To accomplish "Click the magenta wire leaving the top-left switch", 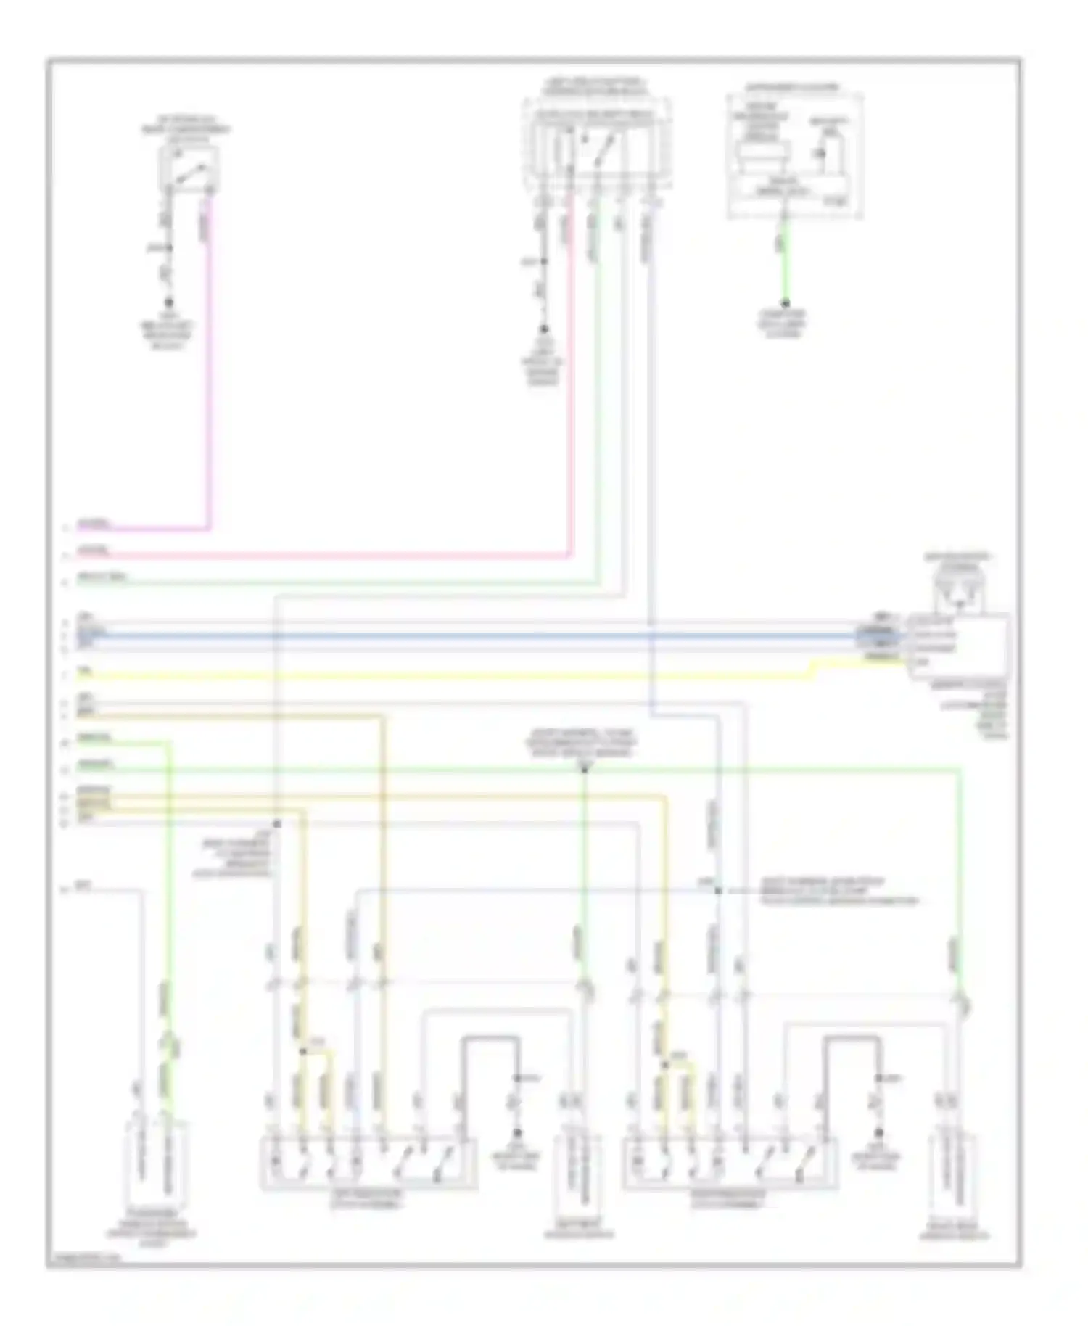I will point(210,363).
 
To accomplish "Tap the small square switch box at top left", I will point(189,168).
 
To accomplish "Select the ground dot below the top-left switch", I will point(169,302).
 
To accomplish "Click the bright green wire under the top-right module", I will point(785,261).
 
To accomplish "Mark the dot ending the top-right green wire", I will point(785,303).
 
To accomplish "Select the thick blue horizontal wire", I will point(471,635).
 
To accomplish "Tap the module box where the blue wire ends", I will point(959,646).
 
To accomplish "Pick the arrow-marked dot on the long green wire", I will point(584,768).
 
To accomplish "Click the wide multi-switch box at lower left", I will point(368,1164).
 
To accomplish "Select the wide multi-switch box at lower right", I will point(730,1164).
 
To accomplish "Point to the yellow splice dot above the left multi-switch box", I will point(302,1050).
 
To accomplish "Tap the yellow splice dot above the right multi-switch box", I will point(664,1064).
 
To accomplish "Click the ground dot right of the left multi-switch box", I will point(517,1132).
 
